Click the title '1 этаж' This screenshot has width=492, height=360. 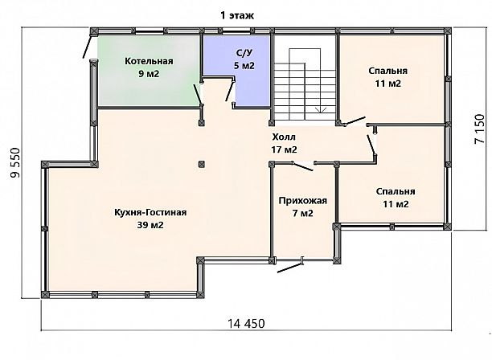pyautogui.click(x=237, y=15)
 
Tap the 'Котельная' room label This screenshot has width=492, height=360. pyautogui.click(x=149, y=61)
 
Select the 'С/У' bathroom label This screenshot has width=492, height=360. pyautogui.click(x=244, y=53)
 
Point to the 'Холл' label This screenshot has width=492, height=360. pyautogui.click(x=284, y=137)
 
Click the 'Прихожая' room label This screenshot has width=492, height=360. pyautogui.click(x=303, y=200)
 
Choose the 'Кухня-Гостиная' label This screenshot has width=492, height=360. pyautogui.click(x=150, y=213)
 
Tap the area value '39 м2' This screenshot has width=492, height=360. pyautogui.click(x=150, y=225)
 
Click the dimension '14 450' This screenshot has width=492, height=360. pyautogui.click(x=246, y=323)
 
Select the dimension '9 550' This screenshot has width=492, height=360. pyautogui.click(x=15, y=162)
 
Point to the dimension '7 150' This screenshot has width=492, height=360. pyautogui.click(x=479, y=129)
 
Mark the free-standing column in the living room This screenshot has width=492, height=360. pyautogui.click(x=202, y=164)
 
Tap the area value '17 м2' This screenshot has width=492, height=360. pyautogui.click(x=284, y=150)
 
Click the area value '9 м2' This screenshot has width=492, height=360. pyautogui.click(x=149, y=74)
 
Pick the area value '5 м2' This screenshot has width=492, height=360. pyautogui.click(x=244, y=66)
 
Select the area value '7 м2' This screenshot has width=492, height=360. pyautogui.click(x=303, y=214)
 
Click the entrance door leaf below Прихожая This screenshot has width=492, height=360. pyautogui.click(x=290, y=268)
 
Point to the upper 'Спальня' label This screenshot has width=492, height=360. pyautogui.click(x=387, y=71)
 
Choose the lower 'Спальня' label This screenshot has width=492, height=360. pyautogui.click(x=396, y=191)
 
